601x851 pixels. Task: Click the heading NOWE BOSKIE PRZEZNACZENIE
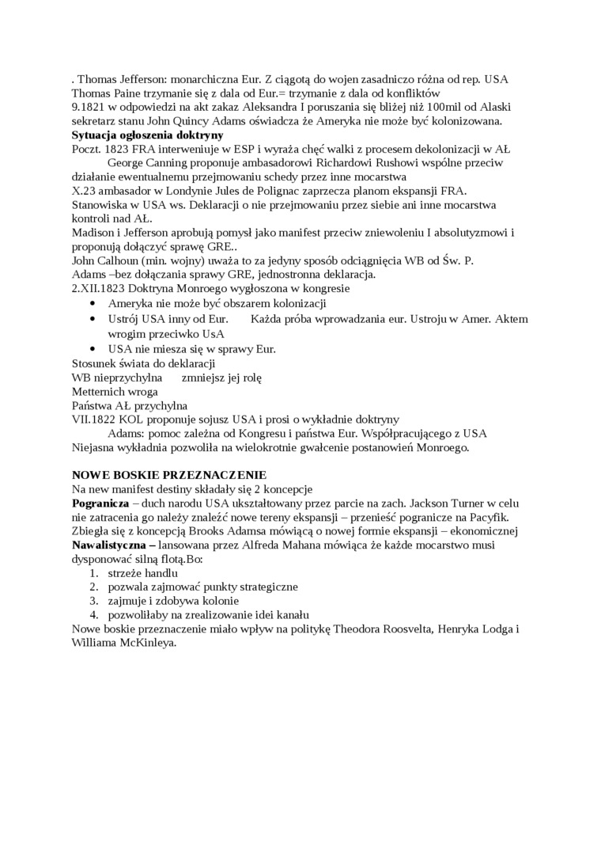coord(169,474)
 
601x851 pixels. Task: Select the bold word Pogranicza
coord(100,503)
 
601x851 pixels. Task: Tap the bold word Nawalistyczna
coord(108,545)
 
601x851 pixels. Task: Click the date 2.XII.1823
coord(100,289)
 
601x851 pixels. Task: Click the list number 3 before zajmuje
coord(93,601)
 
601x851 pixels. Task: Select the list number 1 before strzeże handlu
coord(93,572)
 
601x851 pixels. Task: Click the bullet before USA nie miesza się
coord(94,348)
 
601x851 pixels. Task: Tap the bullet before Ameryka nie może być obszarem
coord(94,304)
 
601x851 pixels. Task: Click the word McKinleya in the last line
coord(146,644)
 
